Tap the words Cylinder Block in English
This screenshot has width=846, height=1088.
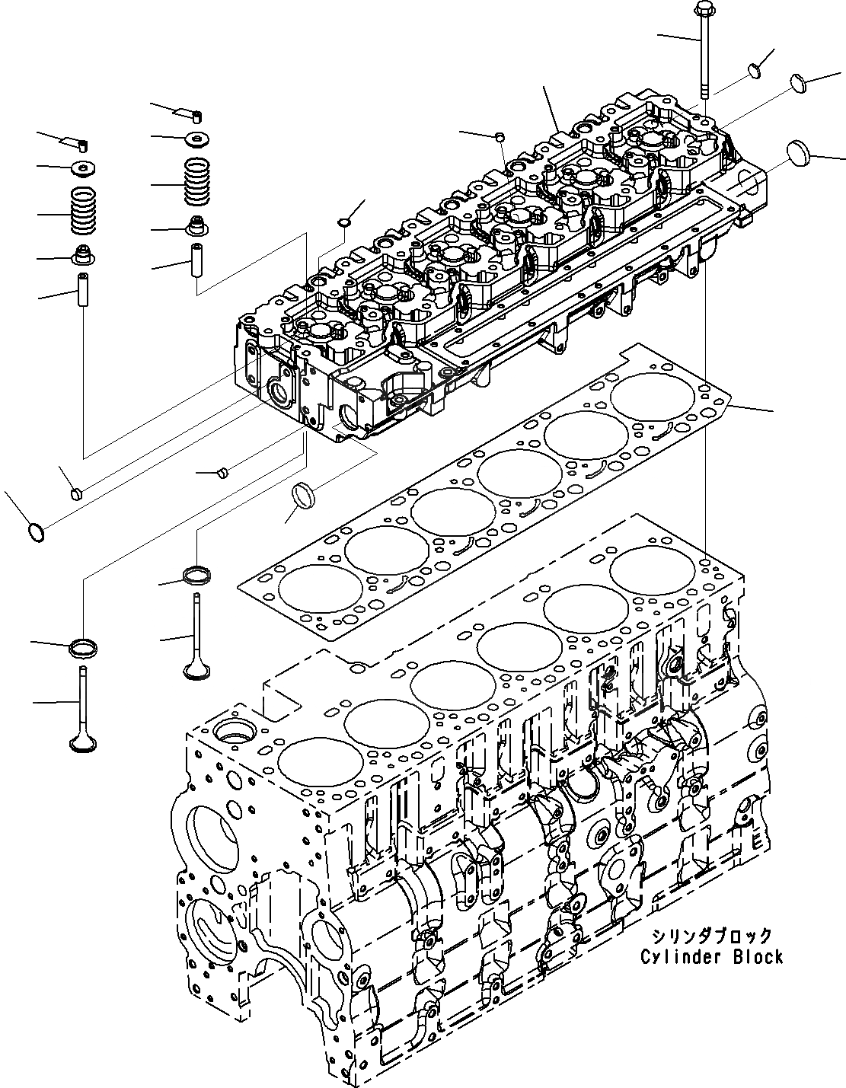click(x=711, y=956)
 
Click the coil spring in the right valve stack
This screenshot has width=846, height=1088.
click(x=197, y=183)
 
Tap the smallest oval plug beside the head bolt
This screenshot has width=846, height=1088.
click(x=755, y=70)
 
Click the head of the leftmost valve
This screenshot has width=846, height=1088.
click(x=81, y=742)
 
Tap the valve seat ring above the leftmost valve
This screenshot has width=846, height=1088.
click(x=83, y=648)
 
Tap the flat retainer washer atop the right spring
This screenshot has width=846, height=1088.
click(x=197, y=139)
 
